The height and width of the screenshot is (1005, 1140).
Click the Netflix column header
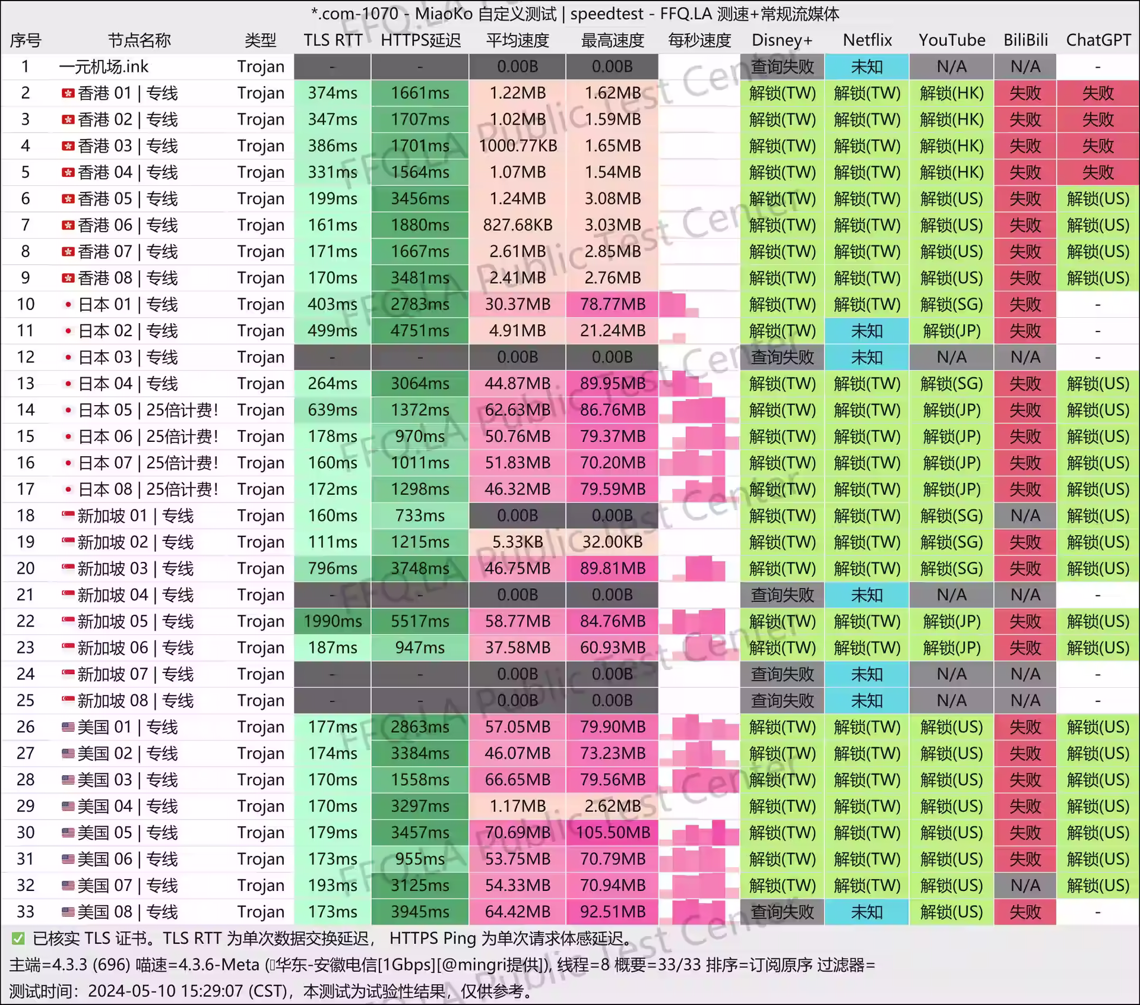click(x=867, y=40)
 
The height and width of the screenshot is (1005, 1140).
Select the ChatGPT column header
click(x=1098, y=40)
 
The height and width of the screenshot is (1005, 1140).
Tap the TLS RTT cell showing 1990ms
click(x=332, y=621)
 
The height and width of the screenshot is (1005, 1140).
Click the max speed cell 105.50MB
click(x=612, y=833)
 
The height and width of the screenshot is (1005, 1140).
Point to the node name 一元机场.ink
click(x=104, y=67)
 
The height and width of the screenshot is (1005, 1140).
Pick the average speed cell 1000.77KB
click(x=518, y=146)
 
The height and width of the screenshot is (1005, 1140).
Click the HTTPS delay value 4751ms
click(x=420, y=331)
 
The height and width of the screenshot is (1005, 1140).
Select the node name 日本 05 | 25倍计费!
click(x=148, y=410)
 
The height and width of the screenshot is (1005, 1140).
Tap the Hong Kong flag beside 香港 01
click(x=68, y=93)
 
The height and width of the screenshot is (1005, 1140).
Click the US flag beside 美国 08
click(x=68, y=912)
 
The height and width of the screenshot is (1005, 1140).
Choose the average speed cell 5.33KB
click(x=518, y=542)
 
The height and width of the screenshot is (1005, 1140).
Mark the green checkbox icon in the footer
click(x=18, y=938)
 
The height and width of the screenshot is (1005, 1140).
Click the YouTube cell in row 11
click(x=951, y=331)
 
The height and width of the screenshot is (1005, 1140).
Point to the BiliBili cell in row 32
click(x=1025, y=886)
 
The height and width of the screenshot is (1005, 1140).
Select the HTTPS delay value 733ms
click(x=420, y=516)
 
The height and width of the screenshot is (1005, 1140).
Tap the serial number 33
click(x=26, y=912)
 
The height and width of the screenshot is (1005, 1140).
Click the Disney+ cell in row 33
click(x=782, y=912)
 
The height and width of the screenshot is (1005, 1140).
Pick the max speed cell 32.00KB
click(x=612, y=542)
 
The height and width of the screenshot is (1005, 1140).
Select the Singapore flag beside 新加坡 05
click(x=68, y=621)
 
